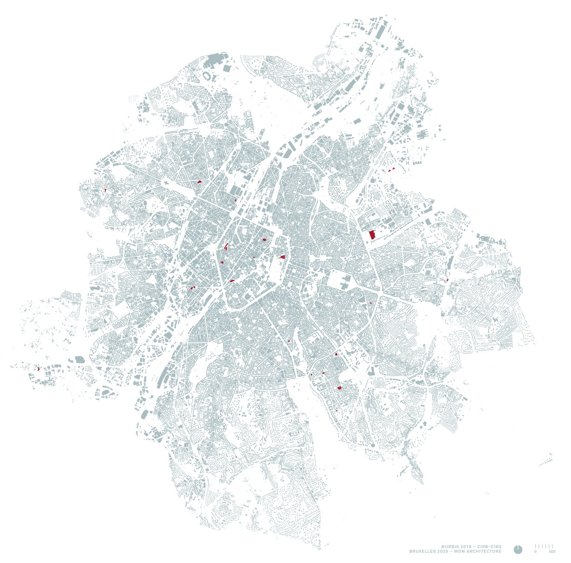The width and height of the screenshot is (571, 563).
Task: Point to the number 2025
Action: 442,551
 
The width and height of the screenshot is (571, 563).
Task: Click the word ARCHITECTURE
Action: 484,551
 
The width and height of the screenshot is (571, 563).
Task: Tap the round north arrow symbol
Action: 518,549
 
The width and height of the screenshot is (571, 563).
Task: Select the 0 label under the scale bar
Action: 535,552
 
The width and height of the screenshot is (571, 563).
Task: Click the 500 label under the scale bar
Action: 552,552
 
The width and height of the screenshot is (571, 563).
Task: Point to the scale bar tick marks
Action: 544,546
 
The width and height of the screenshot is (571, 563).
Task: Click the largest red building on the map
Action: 372,235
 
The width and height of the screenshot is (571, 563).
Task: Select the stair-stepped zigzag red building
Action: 226,246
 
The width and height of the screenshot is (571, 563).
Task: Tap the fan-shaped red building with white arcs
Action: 283,256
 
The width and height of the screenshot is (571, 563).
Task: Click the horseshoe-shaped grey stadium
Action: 207,76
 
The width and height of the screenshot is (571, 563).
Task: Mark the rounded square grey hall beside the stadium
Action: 226,68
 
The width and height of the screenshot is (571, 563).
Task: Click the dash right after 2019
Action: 474,547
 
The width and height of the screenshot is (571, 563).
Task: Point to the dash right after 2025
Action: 451,551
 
